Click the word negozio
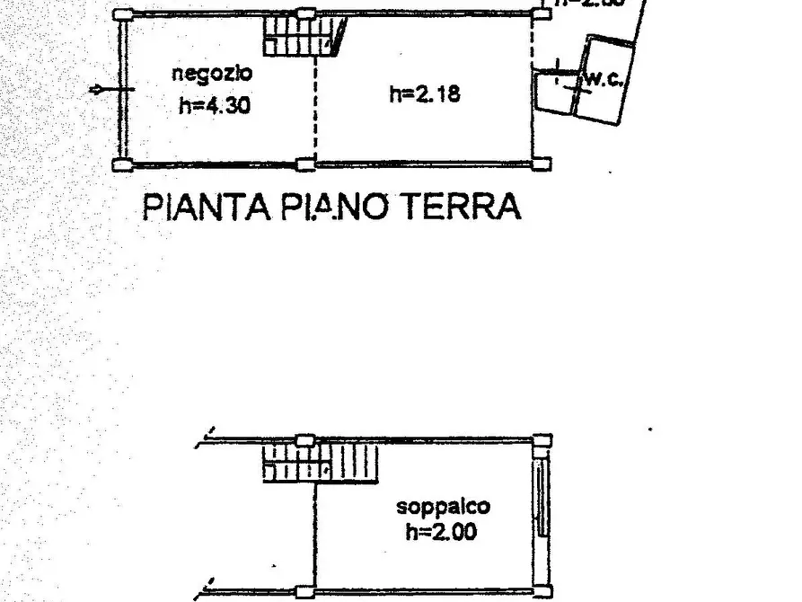213,74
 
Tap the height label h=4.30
214,105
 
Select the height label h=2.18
425,93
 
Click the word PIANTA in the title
206,208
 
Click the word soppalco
444,507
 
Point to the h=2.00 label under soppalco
441,531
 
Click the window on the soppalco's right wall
541,499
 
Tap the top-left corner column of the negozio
123,14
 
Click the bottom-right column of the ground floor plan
542,164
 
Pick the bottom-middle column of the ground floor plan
305,164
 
